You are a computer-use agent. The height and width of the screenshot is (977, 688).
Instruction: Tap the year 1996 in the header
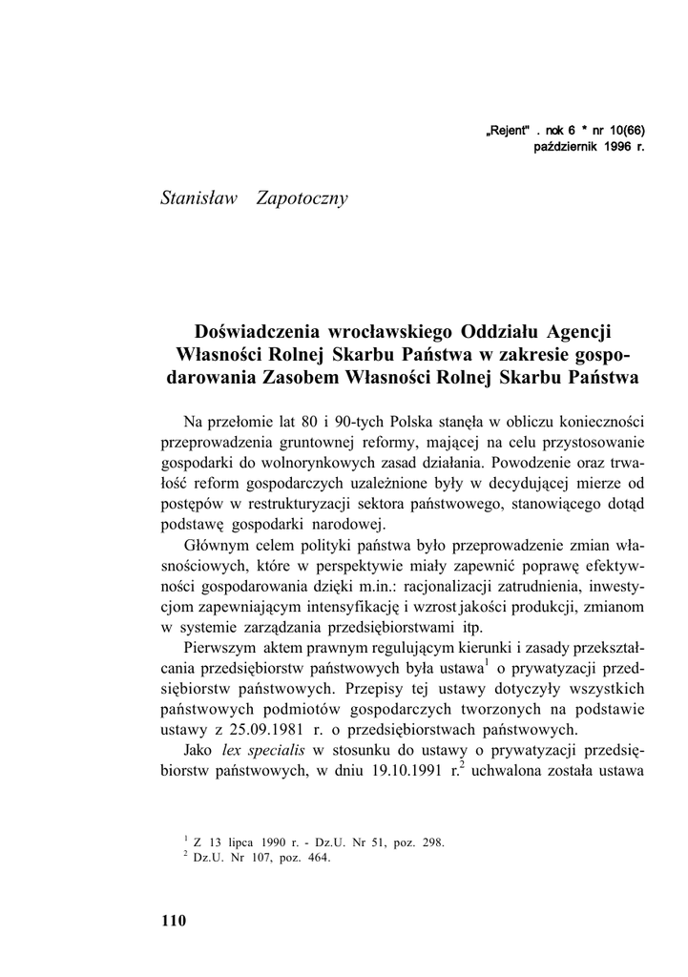click(x=618, y=148)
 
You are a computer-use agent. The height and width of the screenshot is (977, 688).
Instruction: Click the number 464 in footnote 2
click(x=316, y=857)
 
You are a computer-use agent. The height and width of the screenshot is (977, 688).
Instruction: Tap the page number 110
click(x=175, y=922)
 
